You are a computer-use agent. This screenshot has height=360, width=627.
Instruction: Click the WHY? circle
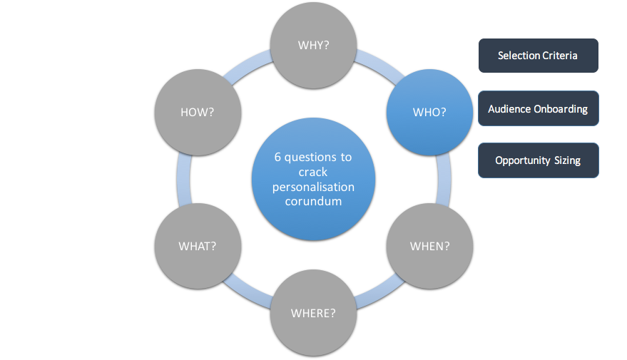(x=314, y=46)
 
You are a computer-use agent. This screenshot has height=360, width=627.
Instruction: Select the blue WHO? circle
(x=429, y=112)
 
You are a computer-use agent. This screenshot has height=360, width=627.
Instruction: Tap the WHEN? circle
(x=429, y=247)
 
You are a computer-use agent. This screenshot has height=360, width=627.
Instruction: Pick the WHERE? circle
(x=313, y=313)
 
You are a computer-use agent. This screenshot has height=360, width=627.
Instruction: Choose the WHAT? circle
(x=198, y=246)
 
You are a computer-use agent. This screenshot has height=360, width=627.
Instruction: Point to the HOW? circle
(x=198, y=112)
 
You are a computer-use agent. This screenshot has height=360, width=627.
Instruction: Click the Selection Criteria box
(x=538, y=56)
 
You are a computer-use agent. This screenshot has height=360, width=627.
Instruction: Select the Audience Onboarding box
(x=538, y=109)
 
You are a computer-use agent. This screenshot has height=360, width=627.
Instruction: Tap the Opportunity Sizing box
(x=538, y=160)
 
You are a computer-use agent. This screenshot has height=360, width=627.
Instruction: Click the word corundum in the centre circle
(x=314, y=201)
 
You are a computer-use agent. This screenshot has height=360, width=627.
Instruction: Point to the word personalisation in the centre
(x=314, y=187)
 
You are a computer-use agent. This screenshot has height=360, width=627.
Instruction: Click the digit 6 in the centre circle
(x=279, y=158)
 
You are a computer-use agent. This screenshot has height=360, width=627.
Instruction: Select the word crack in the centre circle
(x=314, y=172)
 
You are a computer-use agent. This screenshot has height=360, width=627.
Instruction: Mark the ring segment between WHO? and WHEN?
(x=444, y=179)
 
